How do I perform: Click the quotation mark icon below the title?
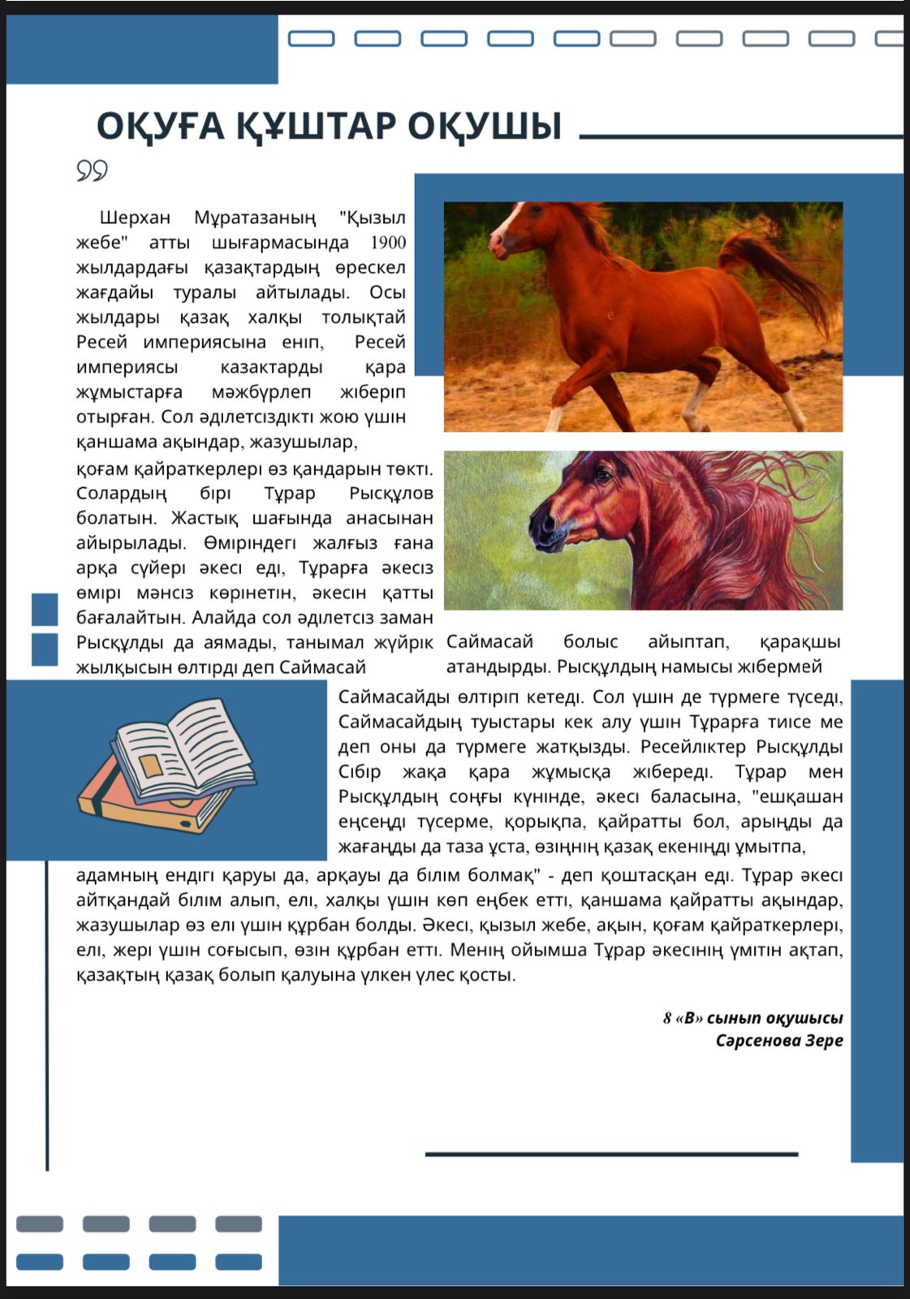click(x=92, y=170)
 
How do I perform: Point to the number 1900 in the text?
click(x=388, y=243)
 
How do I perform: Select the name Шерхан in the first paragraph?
click(x=135, y=218)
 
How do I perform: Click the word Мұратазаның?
click(x=255, y=218)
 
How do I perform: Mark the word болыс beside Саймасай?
click(x=590, y=641)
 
